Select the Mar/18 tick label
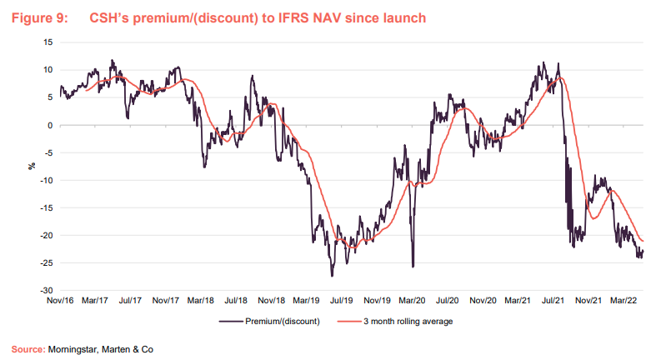(201, 298)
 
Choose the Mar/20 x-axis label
(413, 298)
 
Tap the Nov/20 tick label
(483, 298)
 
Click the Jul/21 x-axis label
(554, 298)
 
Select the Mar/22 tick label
(625, 298)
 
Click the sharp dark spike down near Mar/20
(413, 265)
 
